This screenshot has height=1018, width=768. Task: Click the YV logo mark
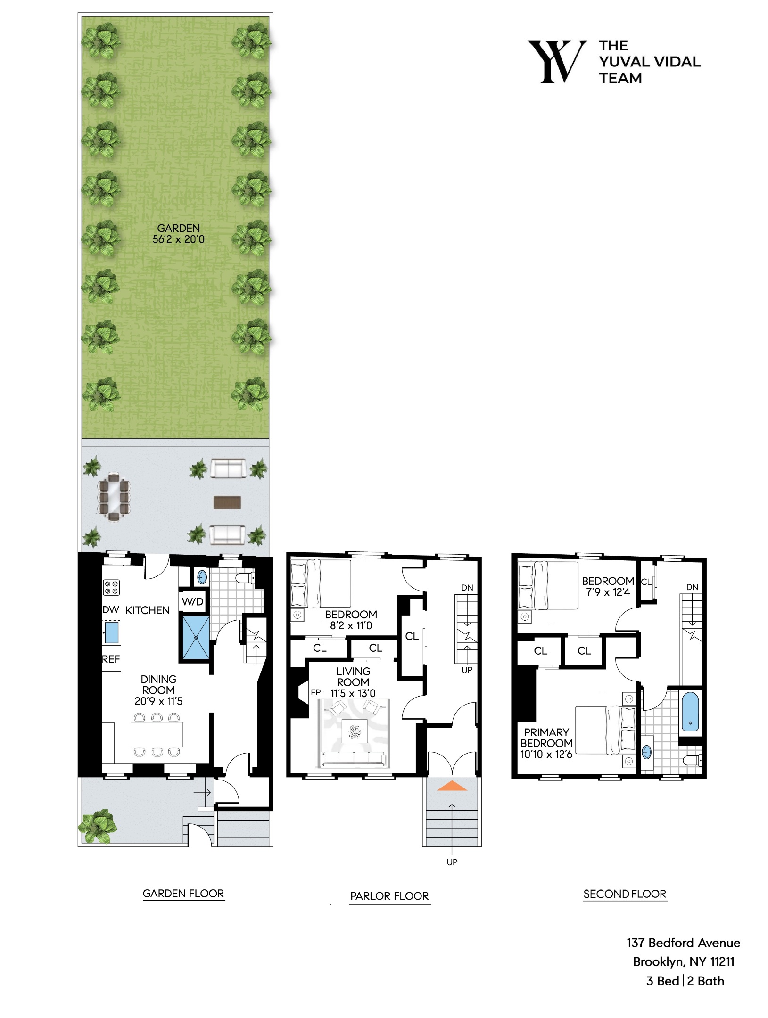pos(557,62)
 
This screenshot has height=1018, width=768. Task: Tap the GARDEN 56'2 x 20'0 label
pos(179,234)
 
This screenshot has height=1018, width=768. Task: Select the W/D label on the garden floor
pos(192,601)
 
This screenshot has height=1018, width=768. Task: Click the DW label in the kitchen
pos(111,610)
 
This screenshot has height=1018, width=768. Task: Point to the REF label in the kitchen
pos(111,659)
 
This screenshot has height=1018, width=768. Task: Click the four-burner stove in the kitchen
pos(111,587)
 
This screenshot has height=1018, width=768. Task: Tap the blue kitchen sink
pos(112,632)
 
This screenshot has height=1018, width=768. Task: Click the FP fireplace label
pos(316,692)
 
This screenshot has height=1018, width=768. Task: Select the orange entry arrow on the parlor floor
pos(452,786)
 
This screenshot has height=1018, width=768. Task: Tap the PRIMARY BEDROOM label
pos(546,743)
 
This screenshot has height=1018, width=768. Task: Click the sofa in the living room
pos(354,759)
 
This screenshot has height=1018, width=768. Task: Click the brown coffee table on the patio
pos(227,502)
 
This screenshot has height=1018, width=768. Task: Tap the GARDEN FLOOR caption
pos(183,894)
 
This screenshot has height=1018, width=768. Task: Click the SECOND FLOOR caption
pos(625,894)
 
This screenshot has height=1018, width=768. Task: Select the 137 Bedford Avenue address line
pos(683,943)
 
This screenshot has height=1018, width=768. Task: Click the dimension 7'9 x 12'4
pos(608,592)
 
